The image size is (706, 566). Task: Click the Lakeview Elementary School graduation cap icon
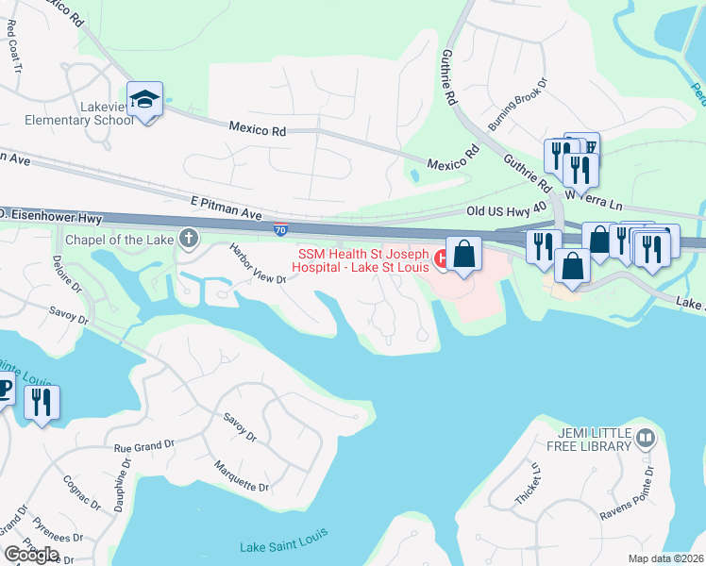(144, 99)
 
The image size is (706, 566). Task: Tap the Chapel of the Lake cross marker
(189, 240)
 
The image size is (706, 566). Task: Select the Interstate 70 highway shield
(281, 228)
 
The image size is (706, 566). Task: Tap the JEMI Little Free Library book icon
(646, 438)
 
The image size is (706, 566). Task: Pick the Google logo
(32, 554)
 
